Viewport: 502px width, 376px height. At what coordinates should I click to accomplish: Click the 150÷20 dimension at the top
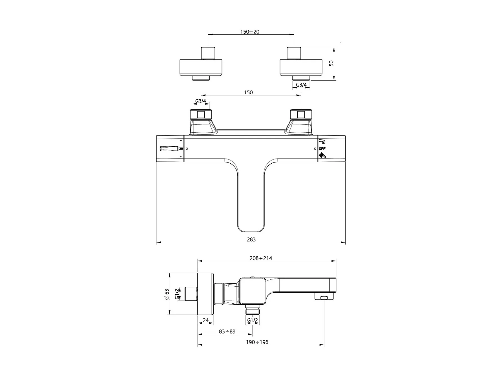pyautogui.click(x=250, y=32)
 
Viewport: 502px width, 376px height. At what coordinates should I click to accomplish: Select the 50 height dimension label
pyautogui.click(x=331, y=63)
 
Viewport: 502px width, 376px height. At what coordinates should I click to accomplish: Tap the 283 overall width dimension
pyautogui.click(x=251, y=240)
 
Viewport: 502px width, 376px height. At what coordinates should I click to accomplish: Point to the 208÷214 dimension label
pyautogui.click(x=261, y=258)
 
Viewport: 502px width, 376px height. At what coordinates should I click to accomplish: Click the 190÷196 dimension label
pyautogui.click(x=257, y=342)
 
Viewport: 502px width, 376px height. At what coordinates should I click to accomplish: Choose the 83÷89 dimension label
pyautogui.click(x=227, y=331)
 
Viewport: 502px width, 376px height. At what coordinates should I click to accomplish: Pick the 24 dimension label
pyautogui.click(x=206, y=320)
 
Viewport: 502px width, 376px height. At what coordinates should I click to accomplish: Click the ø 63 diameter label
pyautogui.click(x=167, y=294)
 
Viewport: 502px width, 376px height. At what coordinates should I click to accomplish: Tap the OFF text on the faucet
pyautogui.click(x=322, y=149)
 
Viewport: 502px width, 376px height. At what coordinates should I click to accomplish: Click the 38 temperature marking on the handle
pyautogui.click(x=181, y=149)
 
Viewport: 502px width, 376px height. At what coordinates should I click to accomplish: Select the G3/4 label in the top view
pyautogui.click(x=301, y=85)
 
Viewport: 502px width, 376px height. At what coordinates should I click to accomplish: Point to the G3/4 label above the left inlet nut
pyautogui.click(x=201, y=101)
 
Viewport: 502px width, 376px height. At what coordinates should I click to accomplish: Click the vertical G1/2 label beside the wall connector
pyautogui.click(x=177, y=294)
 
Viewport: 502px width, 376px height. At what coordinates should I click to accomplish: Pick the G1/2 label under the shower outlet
pyautogui.click(x=253, y=320)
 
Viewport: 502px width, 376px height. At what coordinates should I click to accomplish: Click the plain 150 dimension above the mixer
pyautogui.click(x=248, y=93)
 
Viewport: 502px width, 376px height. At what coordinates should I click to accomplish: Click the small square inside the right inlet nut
pyautogui.click(x=301, y=115)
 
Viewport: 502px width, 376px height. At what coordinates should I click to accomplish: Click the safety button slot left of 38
pyautogui.click(x=169, y=149)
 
